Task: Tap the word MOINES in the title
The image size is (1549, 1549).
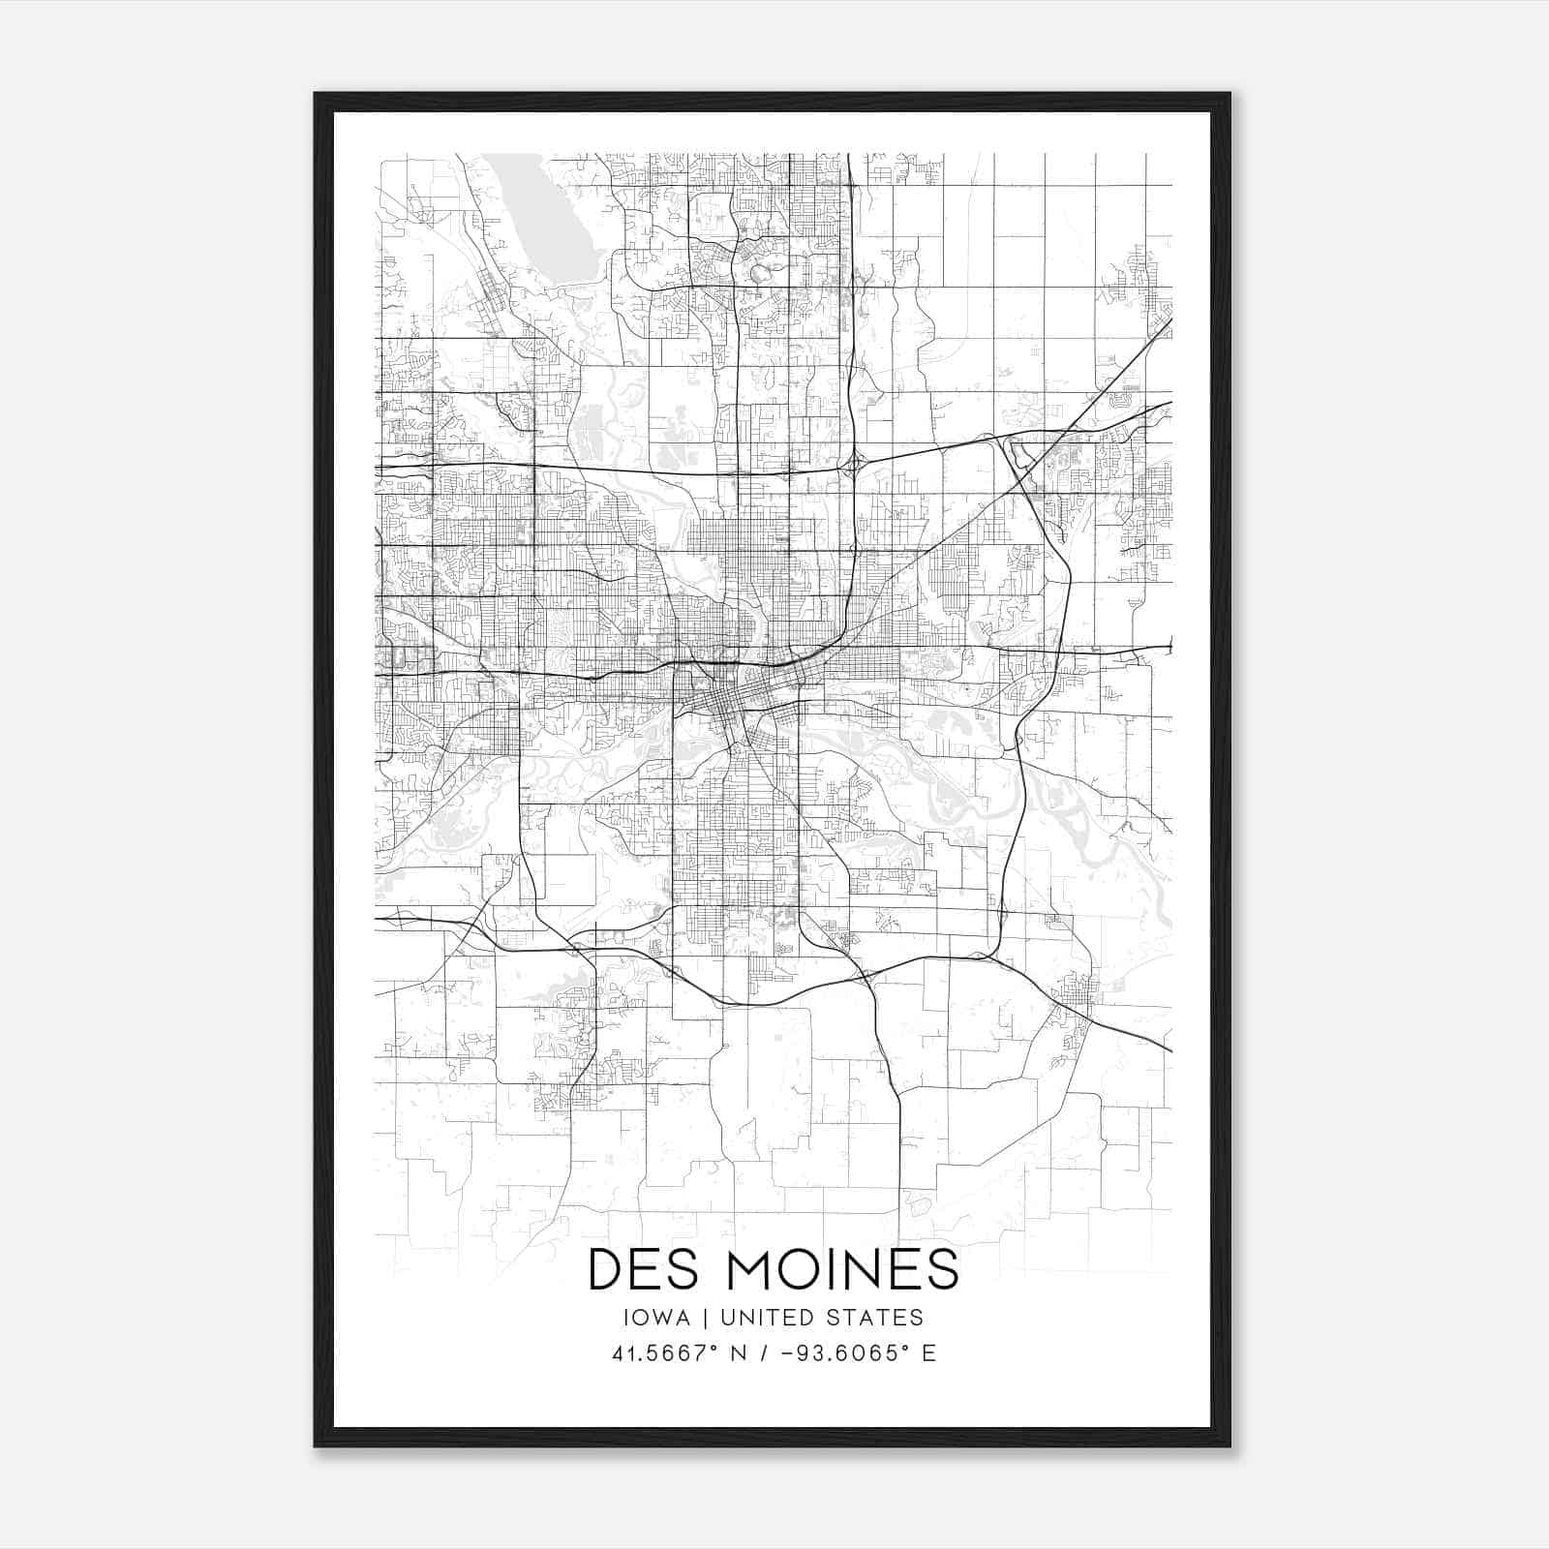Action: (843, 1270)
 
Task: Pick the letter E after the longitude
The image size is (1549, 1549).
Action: (928, 1353)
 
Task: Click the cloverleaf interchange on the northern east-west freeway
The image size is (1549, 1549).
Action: (853, 466)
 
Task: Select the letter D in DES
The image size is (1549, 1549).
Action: (606, 1270)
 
